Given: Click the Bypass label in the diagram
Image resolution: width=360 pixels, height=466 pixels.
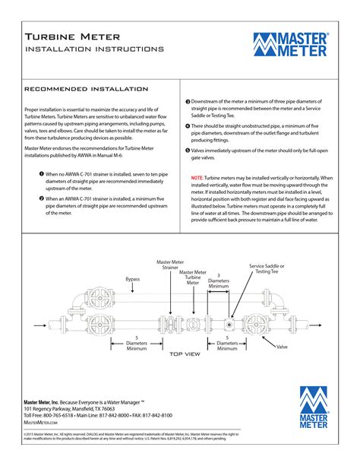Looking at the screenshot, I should coord(132,279).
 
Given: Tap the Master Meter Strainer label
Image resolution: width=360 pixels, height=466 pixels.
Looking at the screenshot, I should coord(170,265).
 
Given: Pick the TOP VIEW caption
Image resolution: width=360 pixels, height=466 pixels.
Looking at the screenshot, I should coord(184,354).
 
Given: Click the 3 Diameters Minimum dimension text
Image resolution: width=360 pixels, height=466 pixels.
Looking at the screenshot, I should coord(219,281).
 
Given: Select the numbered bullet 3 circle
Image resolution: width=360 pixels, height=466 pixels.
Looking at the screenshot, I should coord(188,101).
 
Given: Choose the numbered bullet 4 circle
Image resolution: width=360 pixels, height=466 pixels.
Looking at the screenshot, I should coord(188,125).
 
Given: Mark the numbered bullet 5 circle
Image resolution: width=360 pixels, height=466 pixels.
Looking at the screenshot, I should coord(188,150).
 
